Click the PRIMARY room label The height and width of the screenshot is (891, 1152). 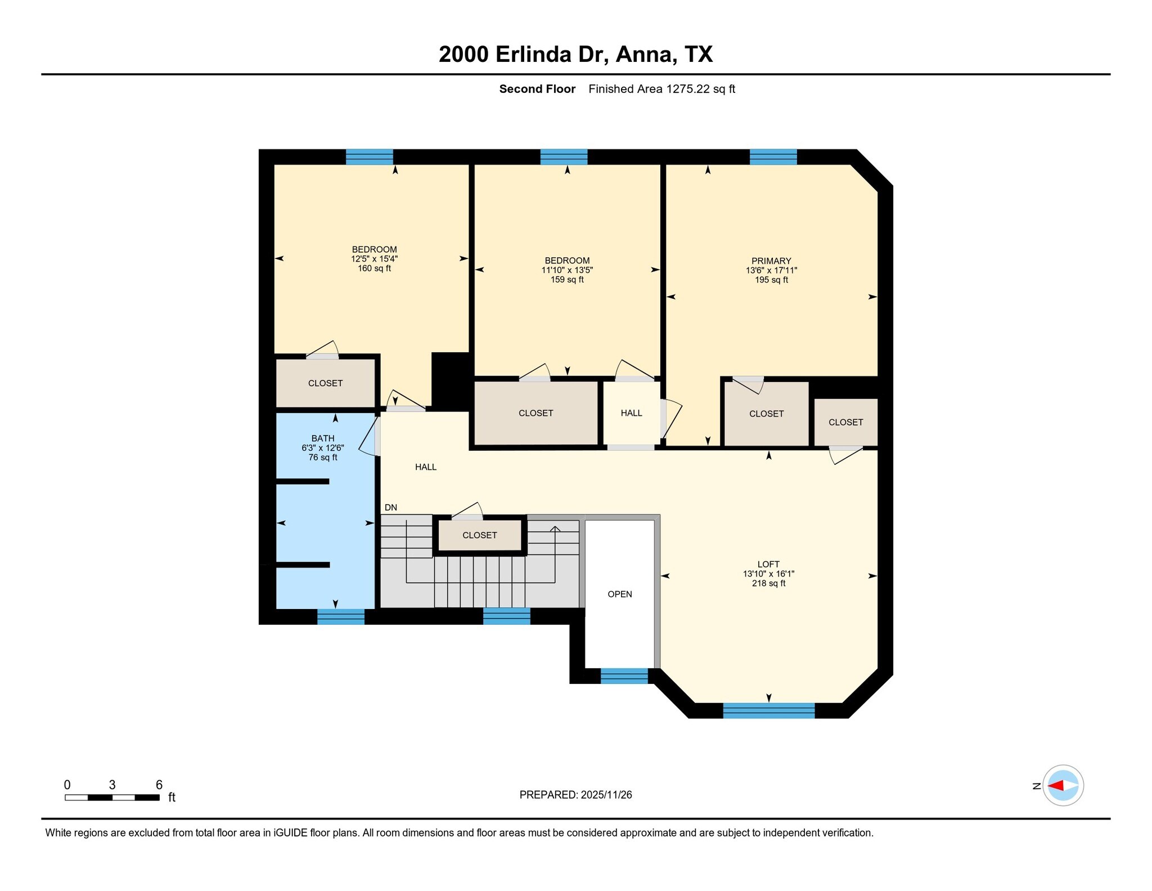click(771, 261)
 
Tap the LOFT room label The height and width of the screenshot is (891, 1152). click(768, 564)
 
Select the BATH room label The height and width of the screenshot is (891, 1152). click(322, 438)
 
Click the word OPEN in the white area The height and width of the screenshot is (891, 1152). click(619, 594)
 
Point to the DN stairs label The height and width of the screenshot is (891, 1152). click(390, 507)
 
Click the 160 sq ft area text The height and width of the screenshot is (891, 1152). click(374, 268)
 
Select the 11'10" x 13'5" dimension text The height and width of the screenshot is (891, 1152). click(566, 270)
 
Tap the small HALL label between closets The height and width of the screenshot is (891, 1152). click(631, 413)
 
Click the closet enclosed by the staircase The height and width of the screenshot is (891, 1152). click(479, 535)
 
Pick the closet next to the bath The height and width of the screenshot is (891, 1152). click(325, 383)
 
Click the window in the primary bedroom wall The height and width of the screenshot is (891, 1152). click(773, 156)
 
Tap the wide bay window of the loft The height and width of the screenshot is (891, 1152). click(768, 710)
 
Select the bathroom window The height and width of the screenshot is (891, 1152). click(340, 617)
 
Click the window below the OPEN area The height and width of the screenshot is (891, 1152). click(624, 675)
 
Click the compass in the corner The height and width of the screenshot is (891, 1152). click(1063, 785)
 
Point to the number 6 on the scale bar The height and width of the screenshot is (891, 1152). click(159, 785)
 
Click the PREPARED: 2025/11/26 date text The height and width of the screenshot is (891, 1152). click(575, 795)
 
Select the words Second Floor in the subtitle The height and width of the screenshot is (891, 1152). click(537, 89)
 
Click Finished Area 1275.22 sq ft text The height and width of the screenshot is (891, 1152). click(661, 89)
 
